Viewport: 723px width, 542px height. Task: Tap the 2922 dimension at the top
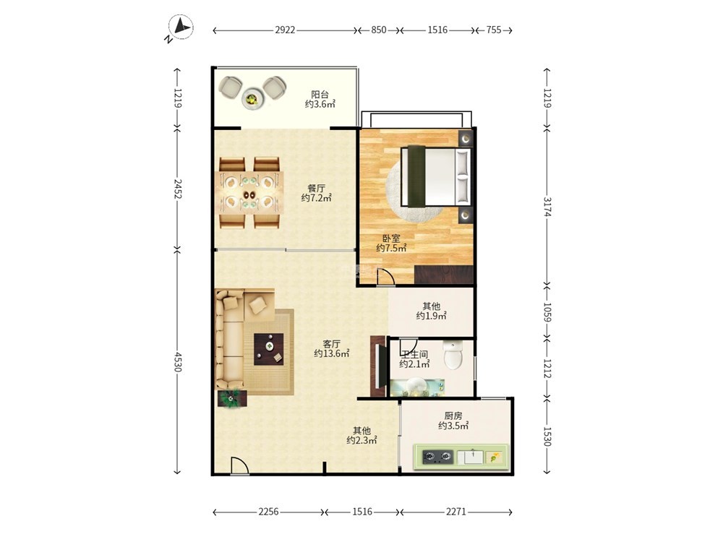pyautogui.click(x=285, y=30)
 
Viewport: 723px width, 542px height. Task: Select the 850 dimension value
pyautogui.click(x=379, y=30)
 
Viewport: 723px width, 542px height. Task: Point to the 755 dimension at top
pyautogui.click(x=493, y=30)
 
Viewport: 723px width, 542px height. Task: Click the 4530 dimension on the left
pyautogui.click(x=179, y=362)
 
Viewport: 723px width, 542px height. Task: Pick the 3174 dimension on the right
pyautogui.click(x=547, y=207)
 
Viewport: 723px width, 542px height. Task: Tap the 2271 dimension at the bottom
pyautogui.click(x=456, y=512)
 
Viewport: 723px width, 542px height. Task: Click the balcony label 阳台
pyautogui.click(x=320, y=95)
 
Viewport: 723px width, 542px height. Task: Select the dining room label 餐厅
pyautogui.click(x=317, y=188)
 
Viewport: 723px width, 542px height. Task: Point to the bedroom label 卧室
pyautogui.click(x=391, y=238)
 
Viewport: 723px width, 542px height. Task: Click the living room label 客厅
pyautogui.click(x=332, y=344)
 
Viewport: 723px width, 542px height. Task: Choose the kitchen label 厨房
pyautogui.click(x=453, y=416)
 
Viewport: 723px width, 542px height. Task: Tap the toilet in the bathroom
pyautogui.click(x=453, y=355)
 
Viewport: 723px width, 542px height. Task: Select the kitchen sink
pyautogui.click(x=471, y=457)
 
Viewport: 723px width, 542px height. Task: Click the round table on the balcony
pyautogui.click(x=252, y=98)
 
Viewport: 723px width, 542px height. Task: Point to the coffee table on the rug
pyautogui.click(x=269, y=349)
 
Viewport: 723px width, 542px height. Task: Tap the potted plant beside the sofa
pyautogui.click(x=232, y=399)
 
